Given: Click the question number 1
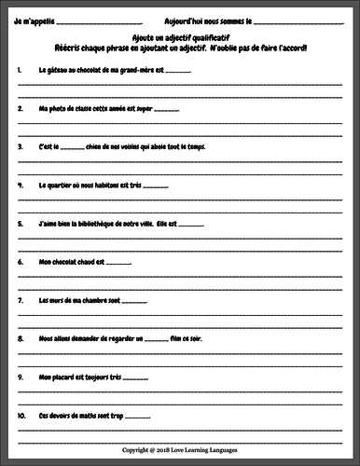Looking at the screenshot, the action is [x=20, y=70].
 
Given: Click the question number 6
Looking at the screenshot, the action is [x=20, y=262].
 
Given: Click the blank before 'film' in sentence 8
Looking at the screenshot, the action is [x=155, y=340].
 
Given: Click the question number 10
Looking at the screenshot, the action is [x=21, y=416].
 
